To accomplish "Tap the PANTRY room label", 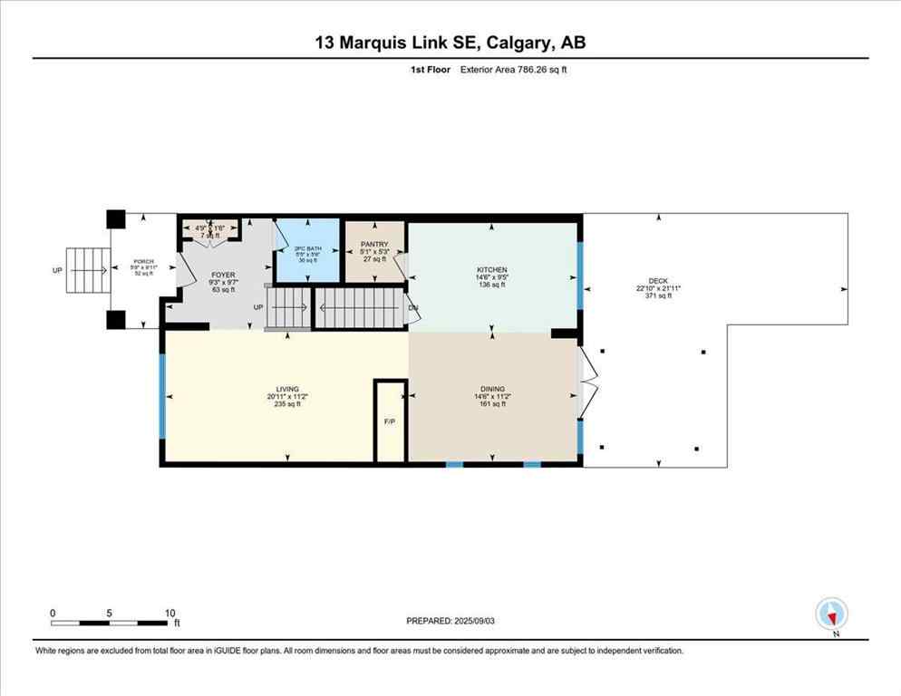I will (374, 244).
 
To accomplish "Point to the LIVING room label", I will (287, 389).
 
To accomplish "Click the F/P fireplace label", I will (390, 422).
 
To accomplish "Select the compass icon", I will (830, 614).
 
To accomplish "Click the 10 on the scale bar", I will (170, 613).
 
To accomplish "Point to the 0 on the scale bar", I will (53, 613).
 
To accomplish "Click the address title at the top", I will (450, 43).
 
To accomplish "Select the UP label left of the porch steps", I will (58, 270).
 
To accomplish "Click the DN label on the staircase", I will (412, 308).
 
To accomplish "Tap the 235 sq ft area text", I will (287, 404).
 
